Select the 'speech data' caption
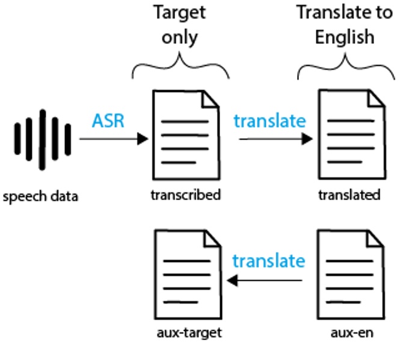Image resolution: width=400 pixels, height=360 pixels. [x=40, y=197]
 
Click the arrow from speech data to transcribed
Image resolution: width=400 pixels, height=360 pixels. [x=114, y=139]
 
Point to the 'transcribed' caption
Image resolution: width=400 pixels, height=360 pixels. [x=186, y=195]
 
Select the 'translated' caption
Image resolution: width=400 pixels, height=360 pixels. [x=349, y=195]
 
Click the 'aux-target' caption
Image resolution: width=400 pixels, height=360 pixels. [x=188, y=332]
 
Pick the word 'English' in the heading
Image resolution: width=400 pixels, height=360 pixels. [x=344, y=37]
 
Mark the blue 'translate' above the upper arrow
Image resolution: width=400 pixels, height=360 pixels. [x=269, y=120]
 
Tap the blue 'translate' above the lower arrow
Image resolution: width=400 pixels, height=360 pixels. [x=268, y=261]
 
